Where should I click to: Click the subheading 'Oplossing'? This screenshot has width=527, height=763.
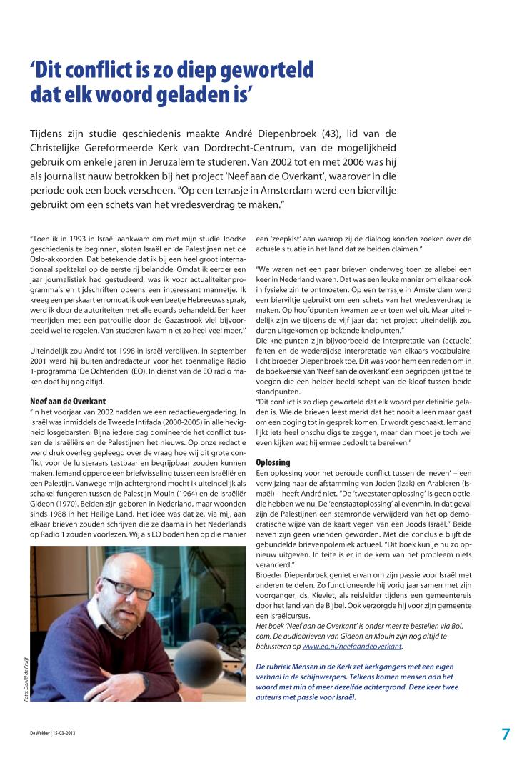point(273,462)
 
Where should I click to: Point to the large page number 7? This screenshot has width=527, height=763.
point(506,734)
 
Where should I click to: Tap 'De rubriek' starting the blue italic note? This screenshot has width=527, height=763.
point(273,665)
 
